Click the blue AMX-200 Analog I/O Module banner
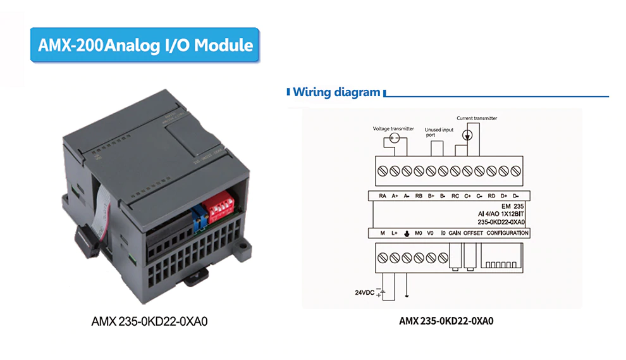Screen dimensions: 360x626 coord(145,45)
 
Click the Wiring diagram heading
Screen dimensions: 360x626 coord(336,92)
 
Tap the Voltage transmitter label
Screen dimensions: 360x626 coord(393,128)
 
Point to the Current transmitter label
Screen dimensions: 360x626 coord(477,118)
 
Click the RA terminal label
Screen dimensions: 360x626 coord(383,196)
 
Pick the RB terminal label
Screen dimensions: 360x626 coord(419,196)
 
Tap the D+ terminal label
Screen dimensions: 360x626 coord(503,196)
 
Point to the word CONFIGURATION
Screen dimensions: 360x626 coord(507,233)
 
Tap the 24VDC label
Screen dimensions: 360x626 coord(364,292)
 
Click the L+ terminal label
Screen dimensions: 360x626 coord(394,233)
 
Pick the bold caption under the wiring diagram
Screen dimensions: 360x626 coord(446,321)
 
